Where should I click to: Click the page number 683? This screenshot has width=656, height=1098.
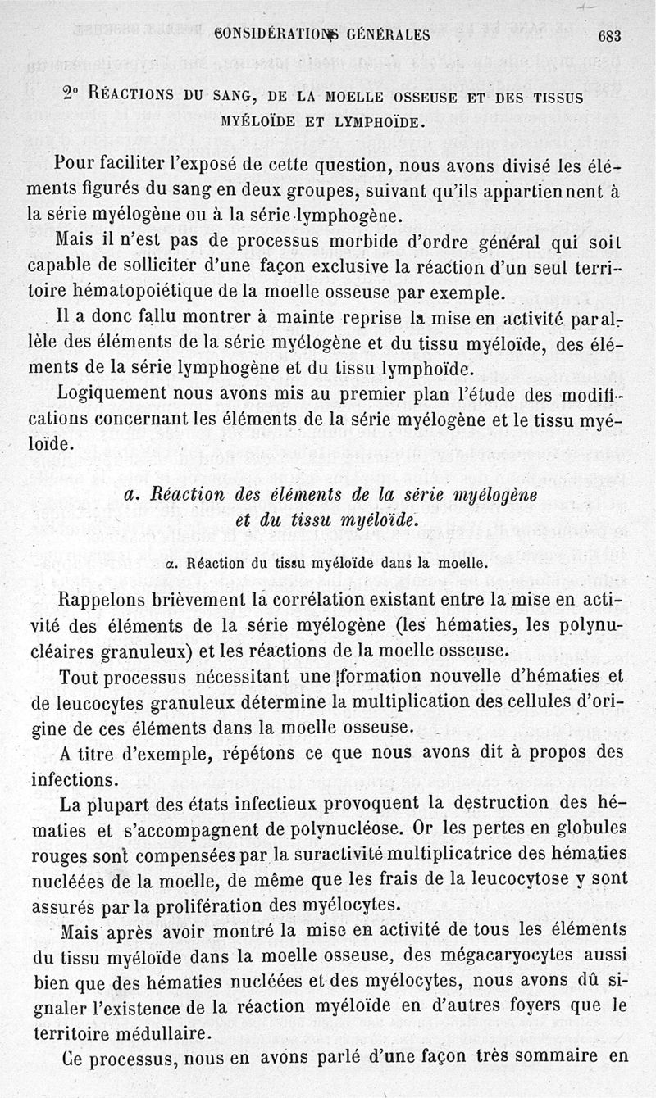pyautogui.click(x=611, y=36)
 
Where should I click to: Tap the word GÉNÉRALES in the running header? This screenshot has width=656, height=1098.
pyautogui.click(x=387, y=35)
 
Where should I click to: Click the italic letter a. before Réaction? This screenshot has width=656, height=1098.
pyautogui.click(x=129, y=495)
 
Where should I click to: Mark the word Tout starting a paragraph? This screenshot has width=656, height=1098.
pyautogui.click(x=80, y=677)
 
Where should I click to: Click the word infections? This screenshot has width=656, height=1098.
pyautogui.click(x=70, y=778)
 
